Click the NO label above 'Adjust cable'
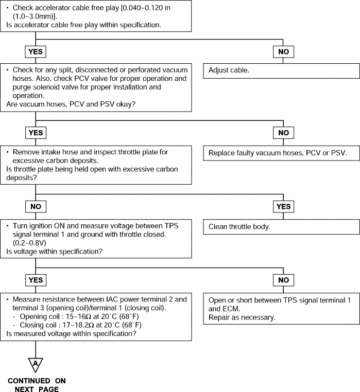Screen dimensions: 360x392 (283, 51)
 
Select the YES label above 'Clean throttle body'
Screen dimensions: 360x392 (283, 206)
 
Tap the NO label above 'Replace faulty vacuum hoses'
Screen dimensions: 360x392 (283, 133)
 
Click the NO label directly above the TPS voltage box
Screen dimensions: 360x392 (36, 206)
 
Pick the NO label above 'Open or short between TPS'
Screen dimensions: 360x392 (283, 280)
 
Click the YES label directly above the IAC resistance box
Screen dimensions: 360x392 (36, 280)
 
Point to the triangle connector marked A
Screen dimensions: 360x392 (36, 365)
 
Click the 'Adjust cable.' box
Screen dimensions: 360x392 (281, 71)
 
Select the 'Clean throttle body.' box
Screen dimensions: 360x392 (281, 227)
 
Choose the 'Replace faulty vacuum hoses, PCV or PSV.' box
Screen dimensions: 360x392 (281, 153)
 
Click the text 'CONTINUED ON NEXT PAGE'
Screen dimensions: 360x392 (37, 385)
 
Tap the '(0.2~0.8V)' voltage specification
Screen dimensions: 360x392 (29, 243)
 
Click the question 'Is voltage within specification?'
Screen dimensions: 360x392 (54, 252)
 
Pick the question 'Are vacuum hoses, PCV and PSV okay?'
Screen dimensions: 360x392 (71, 104)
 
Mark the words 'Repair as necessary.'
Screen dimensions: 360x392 (242, 317)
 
